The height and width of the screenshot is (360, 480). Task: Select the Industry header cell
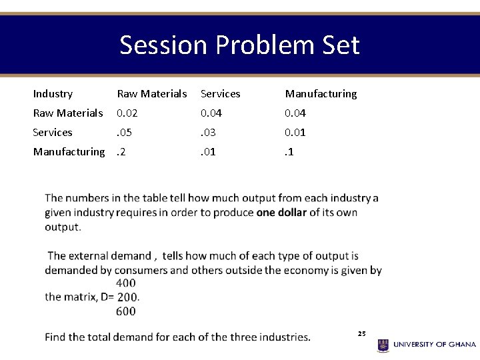pyautogui.click(x=53, y=94)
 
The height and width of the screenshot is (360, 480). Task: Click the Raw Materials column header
pyautogui.click(x=152, y=94)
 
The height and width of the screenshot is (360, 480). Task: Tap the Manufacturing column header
pyautogui.click(x=321, y=94)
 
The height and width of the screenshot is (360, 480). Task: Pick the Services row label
pyautogui.click(x=53, y=133)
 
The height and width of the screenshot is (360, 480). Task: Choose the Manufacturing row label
pyautogui.click(x=69, y=152)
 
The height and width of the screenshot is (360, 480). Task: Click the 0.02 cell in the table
pyautogui.click(x=127, y=113)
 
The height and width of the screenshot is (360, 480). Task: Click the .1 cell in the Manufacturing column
pyautogui.click(x=289, y=152)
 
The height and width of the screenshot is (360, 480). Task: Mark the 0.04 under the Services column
pyautogui.click(x=211, y=113)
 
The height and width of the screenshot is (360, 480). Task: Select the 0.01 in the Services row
pyautogui.click(x=295, y=133)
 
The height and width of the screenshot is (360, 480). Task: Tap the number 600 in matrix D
pyautogui.click(x=125, y=311)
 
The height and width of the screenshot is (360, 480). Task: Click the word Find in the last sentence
pyautogui.click(x=55, y=337)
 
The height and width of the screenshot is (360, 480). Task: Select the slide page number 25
pyautogui.click(x=362, y=333)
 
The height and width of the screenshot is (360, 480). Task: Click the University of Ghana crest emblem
pyautogui.click(x=383, y=345)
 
